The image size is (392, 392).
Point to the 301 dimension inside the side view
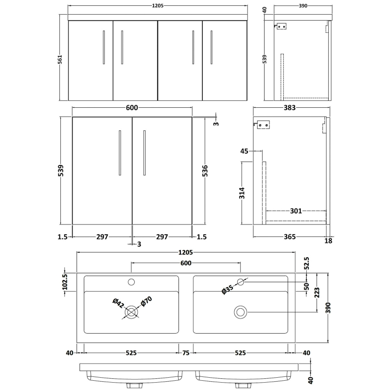(295, 211)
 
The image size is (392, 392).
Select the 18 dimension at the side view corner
(328, 240)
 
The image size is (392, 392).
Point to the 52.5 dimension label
(307, 264)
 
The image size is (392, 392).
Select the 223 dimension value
(318, 293)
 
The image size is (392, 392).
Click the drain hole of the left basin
(131, 312)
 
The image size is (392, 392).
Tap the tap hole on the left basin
(131, 282)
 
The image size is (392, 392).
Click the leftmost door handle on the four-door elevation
(103, 47)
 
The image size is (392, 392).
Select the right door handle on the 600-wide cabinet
(145, 152)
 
